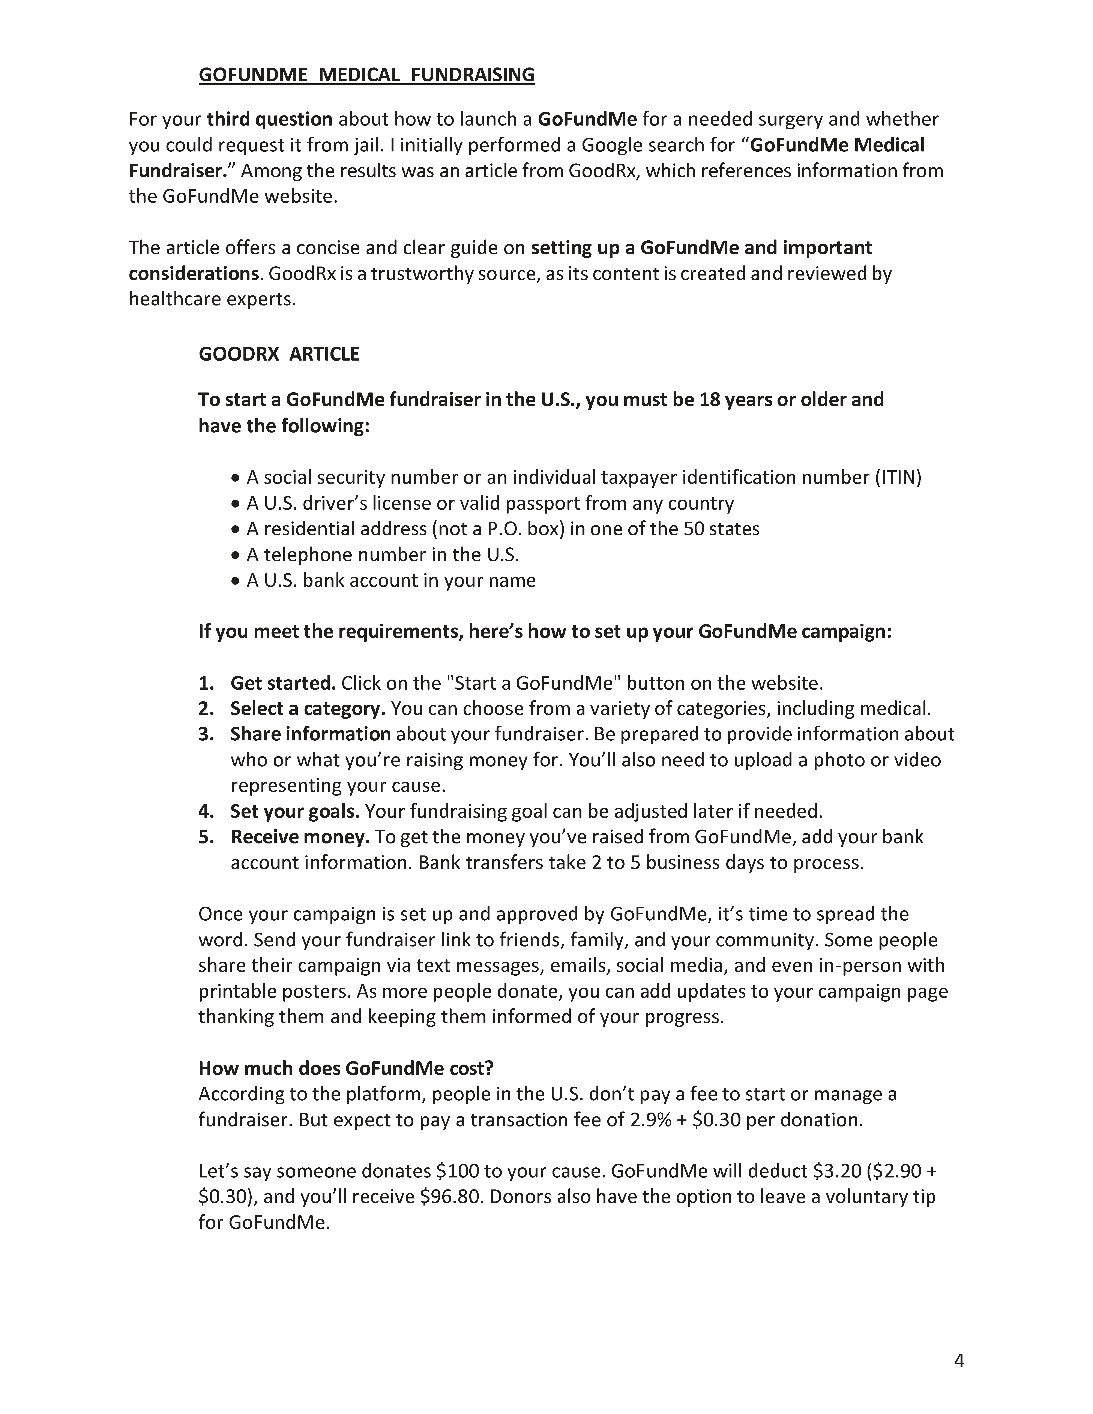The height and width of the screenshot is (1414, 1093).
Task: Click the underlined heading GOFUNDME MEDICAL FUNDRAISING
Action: click(366, 75)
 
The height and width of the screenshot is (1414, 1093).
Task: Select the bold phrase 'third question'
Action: click(269, 119)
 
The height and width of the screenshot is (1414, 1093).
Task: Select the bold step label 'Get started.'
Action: click(283, 683)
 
